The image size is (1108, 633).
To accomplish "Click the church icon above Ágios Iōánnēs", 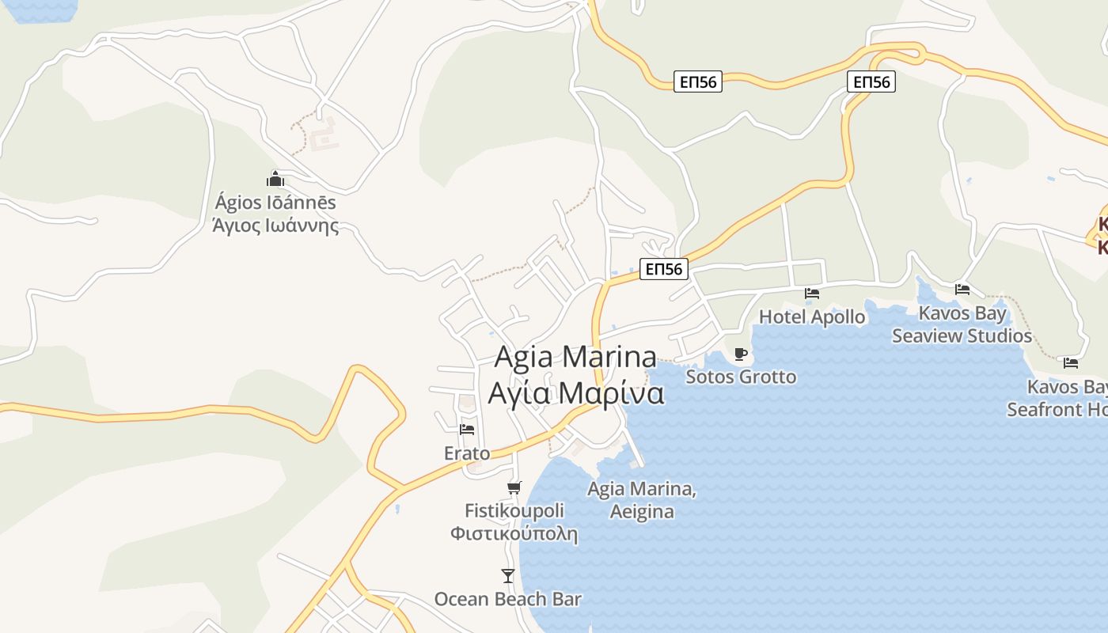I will pyautogui.click(x=275, y=180).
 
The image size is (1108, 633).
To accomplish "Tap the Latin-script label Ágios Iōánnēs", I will pyautogui.click(x=275, y=203).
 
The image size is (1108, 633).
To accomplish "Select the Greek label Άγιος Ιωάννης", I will pyautogui.click(x=275, y=226).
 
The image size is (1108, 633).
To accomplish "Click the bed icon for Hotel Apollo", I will pyautogui.click(x=812, y=294).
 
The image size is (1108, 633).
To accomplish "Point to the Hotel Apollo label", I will pyautogui.click(x=812, y=316).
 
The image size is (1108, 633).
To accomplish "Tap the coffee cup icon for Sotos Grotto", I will pyautogui.click(x=741, y=354).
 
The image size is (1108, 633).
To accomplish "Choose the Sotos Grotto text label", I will pyautogui.click(x=741, y=377).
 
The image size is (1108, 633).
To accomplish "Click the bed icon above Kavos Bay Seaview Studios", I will pyautogui.click(x=962, y=290).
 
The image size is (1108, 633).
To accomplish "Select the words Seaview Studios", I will pyautogui.click(x=962, y=335).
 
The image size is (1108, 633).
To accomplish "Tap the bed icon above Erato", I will pyautogui.click(x=467, y=430).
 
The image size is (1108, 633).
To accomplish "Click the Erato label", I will pyautogui.click(x=467, y=453).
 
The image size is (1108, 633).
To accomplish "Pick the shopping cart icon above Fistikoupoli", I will pyautogui.click(x=514, y=487).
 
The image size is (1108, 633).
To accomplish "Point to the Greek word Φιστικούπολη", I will pyautogui.click(x=514, y=533).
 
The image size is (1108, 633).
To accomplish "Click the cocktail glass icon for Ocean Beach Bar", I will pyautogui.click(x=508, y=576).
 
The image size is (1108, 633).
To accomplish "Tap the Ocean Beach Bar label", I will pyautogui.click(x=508, y=599).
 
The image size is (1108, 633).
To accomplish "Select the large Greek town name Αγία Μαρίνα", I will pyautogui.click(x=576, y=393).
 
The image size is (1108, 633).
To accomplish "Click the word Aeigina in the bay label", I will pyautogui.click(x=642, y=511).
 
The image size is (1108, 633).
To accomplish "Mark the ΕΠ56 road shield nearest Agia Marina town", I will pyautogui.click(x=663, y=269).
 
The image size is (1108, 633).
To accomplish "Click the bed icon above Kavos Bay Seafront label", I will pyautogui.click(x=1071, y=363).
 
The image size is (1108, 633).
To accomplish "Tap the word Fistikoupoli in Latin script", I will pyautogui.click(x=514, y=510).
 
